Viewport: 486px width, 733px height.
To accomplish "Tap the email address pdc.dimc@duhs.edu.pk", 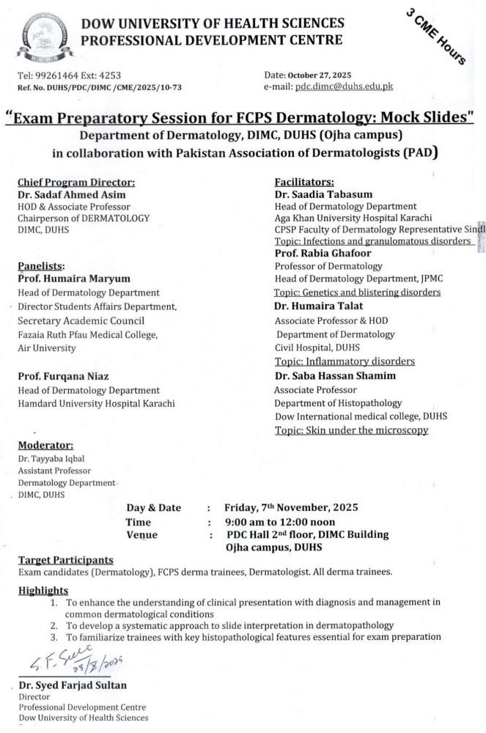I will (344, 86).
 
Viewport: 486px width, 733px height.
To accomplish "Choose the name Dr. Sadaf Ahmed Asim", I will (73, 195).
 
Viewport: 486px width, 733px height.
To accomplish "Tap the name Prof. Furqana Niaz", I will (65, 377).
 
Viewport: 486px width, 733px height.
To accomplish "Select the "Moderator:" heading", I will (45, 445).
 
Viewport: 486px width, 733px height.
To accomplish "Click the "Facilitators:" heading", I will (304, 183).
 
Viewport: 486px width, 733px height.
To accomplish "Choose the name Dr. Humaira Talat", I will (318, 306).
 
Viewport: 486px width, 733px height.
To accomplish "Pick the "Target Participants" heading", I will (66, 559).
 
